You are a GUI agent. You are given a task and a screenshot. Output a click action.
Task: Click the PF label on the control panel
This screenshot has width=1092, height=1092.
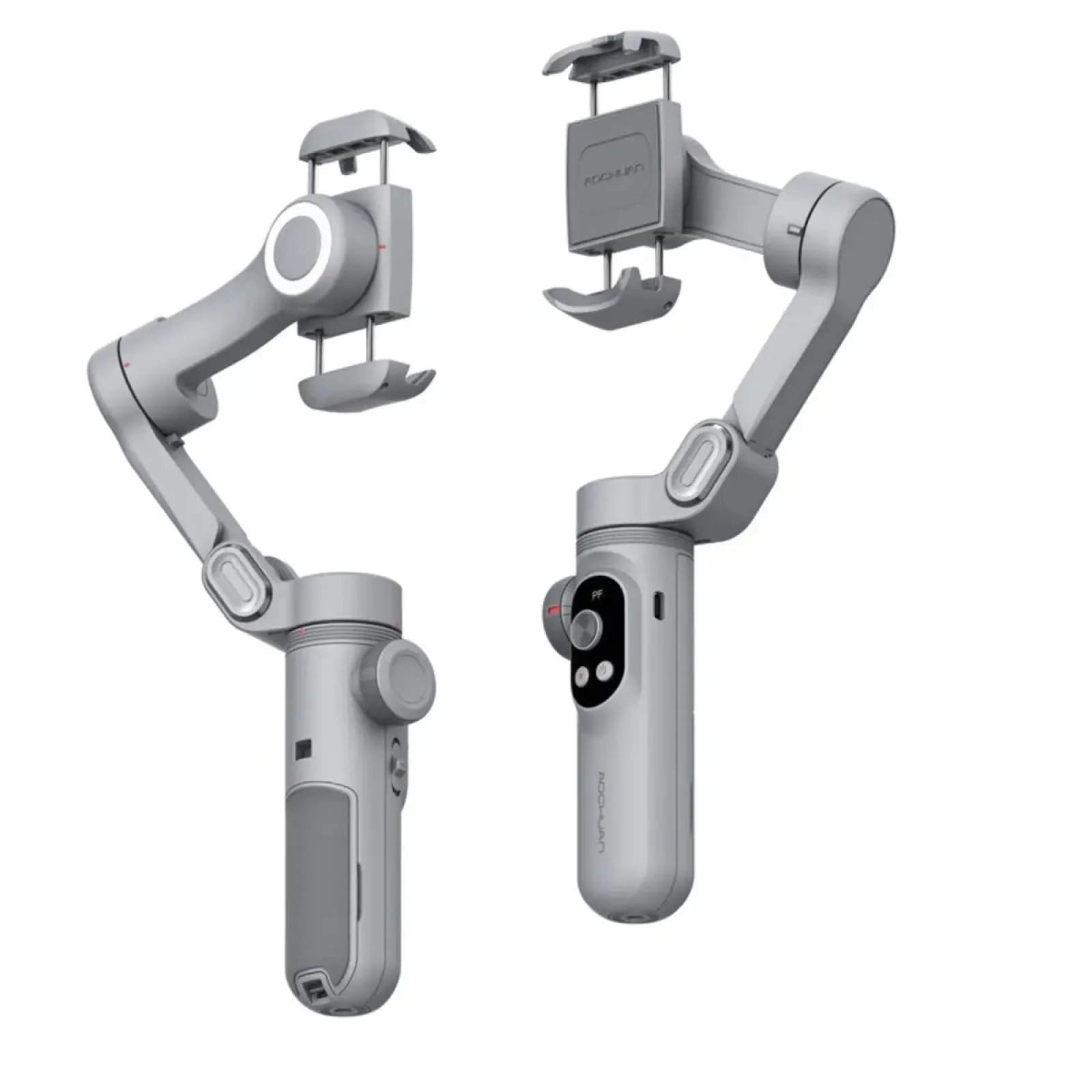[597, 594]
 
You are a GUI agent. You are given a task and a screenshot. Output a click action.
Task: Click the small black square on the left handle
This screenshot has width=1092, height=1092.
[302, 749]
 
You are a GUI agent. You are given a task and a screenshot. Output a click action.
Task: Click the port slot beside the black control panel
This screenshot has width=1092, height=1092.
[657, 605]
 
